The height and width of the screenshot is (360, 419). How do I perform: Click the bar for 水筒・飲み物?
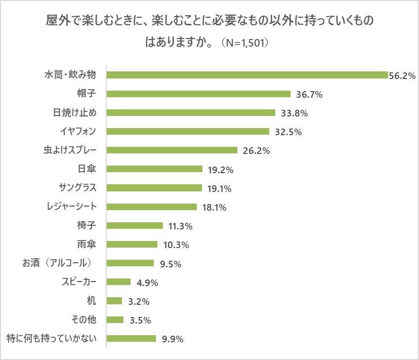pyautogui.click(x=247, y=75)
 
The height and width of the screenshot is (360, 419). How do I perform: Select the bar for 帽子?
pyautogui.click(x=199, y=94)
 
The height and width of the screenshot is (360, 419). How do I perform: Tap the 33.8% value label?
pyautogui.click(x=294, y=113)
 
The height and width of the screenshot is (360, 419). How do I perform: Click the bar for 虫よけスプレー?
pyautogui.click(x=173, y=150)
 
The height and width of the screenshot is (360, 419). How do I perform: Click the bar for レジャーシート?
pyautogui.click(x=152, y=207)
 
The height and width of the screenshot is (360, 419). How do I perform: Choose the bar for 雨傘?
pyautogui.click(x=133, y=245)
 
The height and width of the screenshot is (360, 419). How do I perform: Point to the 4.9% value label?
pyautogui.click(x=146, y=283)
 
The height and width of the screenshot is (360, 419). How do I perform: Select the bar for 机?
pyautogui.click(x=115, y=301)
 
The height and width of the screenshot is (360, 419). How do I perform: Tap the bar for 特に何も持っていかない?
pyautogui.click(x=132, y=339)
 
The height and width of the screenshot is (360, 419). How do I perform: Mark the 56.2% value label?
pyautogui.click(x=402, y=75)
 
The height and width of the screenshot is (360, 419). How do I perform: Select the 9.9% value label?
pyautogui.click(x=172, y=339)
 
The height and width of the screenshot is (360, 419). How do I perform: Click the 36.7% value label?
pyautogui.click(x=309, y=94)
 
